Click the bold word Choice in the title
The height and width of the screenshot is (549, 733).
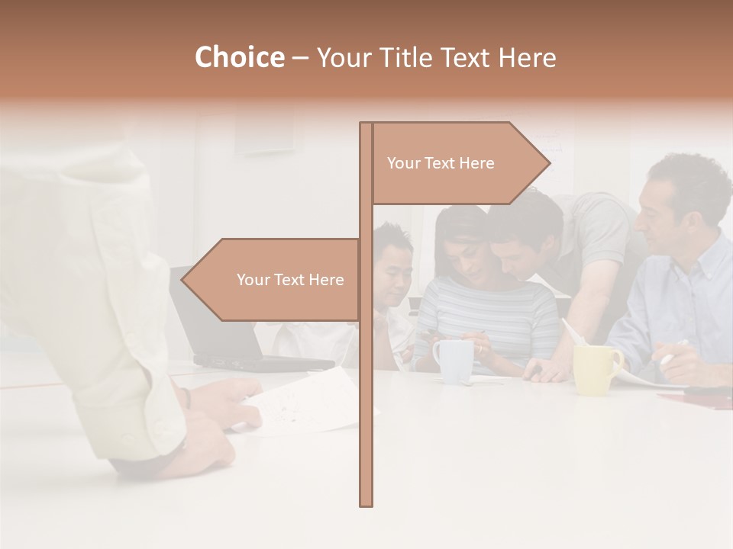point(239,57)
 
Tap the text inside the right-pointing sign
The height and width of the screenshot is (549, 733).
point(441,163)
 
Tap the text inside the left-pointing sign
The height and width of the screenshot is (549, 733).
point(290,280)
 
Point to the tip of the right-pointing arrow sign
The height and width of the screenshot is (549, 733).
point(549,162)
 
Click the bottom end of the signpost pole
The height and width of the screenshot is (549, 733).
point(366,503)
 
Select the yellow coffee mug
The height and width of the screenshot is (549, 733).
point(596,369)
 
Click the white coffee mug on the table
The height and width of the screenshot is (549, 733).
point(454,360)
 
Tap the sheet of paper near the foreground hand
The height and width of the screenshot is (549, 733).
point(305,400)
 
